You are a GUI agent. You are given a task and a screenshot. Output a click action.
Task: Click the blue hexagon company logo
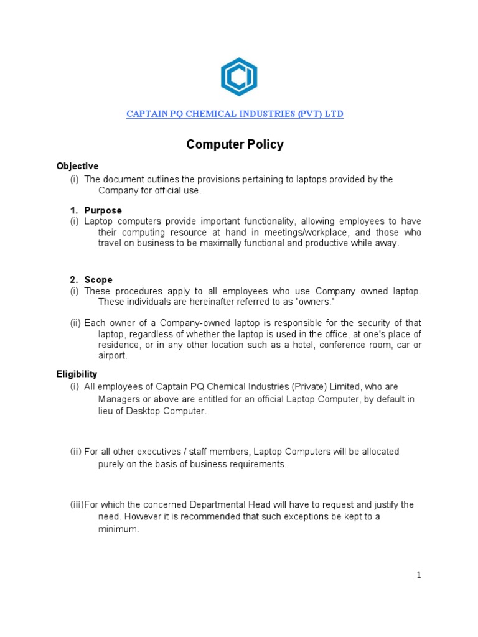[239, 77]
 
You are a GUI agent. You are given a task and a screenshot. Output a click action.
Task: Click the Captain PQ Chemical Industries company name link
[235, 114]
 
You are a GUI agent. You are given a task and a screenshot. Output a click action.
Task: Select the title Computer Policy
[235, 145]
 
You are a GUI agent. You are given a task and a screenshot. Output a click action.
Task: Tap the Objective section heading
[77, 166]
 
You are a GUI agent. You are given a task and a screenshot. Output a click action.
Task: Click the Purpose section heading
[103, 210]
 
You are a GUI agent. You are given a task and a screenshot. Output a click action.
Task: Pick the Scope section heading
[98, 280]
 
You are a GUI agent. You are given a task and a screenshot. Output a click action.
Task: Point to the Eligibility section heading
[77, 374]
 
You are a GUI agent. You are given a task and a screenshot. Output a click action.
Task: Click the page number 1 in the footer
[419, 575]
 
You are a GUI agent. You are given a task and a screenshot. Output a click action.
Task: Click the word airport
[113, 356]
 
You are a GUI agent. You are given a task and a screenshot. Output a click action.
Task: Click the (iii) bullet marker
[77, 504]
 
